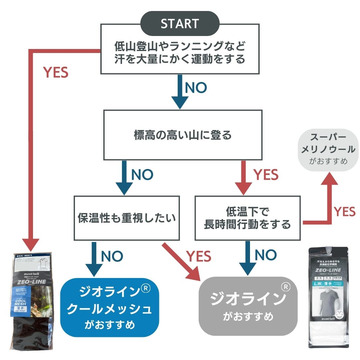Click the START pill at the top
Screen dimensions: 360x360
point(180,24)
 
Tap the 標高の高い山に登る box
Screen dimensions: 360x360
point(183,135)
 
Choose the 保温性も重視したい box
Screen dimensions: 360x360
point(127,218)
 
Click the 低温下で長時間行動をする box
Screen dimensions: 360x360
point(247,218)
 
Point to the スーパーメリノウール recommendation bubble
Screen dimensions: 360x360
point(328,150)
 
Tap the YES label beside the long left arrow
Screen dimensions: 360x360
point(56,72)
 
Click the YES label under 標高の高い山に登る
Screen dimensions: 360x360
point(266,175)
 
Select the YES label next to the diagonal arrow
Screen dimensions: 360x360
point(199,256)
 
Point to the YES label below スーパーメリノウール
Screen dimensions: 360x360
point(345,211)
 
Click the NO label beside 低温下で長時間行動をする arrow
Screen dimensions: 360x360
point(266,255)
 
